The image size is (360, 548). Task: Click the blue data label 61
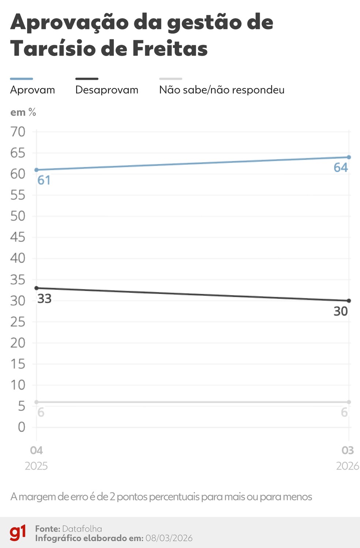(44, 180)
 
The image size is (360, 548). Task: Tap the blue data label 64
(341, 168)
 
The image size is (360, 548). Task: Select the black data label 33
(44, 299)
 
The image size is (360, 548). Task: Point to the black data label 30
(341, 311)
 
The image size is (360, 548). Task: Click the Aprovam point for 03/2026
(349, 157)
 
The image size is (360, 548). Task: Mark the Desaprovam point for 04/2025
(36, 288)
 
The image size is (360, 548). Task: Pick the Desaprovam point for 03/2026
(349, 301)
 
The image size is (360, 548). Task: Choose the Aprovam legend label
(33, 90)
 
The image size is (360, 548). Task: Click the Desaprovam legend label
(107, 90)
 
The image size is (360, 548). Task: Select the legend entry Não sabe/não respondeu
(222, 90)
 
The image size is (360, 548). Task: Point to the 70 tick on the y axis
(18, 132)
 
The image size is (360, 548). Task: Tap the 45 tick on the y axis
(18, 237)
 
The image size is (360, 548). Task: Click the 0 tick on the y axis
(22, 427)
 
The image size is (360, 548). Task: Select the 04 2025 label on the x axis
(36, 458)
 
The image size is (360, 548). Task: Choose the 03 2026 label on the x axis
(348, 458)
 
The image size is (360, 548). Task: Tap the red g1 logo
(18, 533)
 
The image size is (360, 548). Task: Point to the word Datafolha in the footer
(82, 529)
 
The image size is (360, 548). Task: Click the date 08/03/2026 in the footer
(169, 538)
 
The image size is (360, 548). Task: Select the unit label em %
(23, 112)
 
